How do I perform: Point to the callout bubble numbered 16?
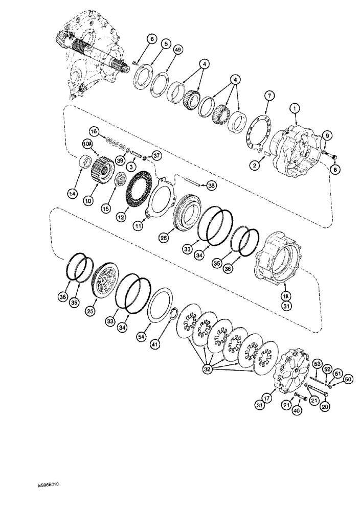[94, 132]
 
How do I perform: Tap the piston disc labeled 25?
[106, 281]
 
